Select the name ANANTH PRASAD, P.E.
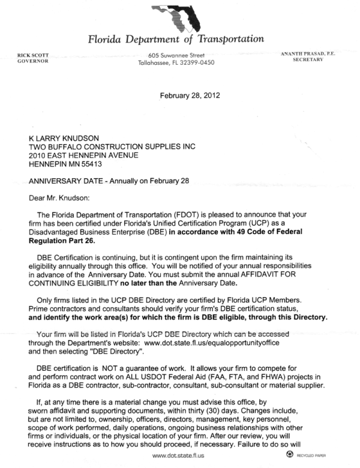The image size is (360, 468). point(308,54)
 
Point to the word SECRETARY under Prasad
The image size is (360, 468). point(308,61)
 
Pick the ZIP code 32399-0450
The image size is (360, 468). point(195,62)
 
